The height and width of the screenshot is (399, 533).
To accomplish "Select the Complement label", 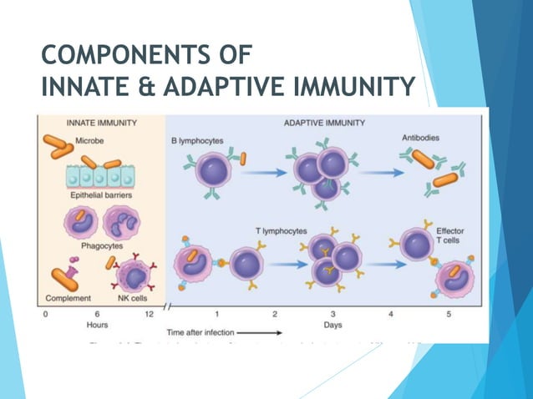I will coord(68,297).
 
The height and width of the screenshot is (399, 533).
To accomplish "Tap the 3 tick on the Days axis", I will coord(332,314).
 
